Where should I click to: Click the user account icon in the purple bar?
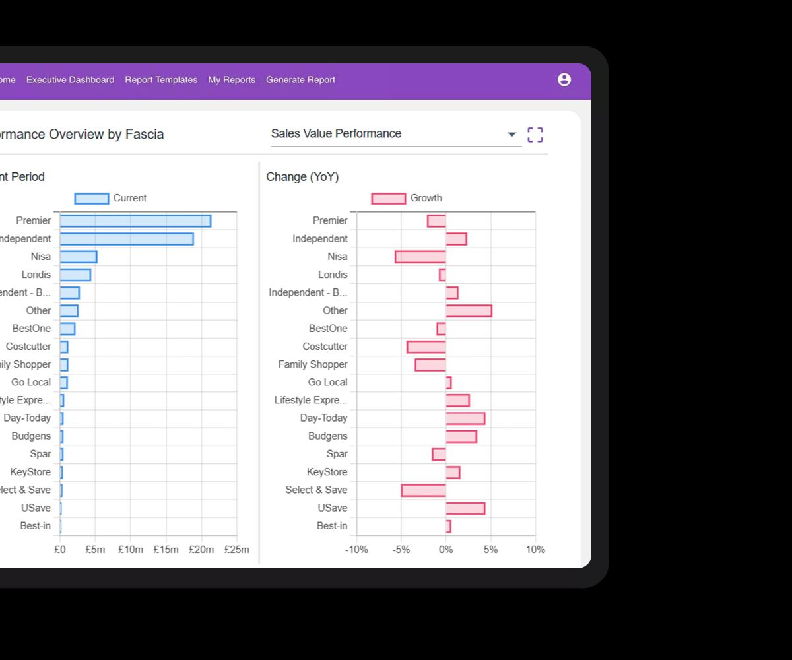pos(564,80)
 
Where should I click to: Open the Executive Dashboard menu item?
pos(70,80)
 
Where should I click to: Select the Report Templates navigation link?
pos(161,80)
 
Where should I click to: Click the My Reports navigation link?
pos(232,80)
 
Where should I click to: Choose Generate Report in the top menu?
pos(300,80)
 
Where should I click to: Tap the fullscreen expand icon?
pos(535,135)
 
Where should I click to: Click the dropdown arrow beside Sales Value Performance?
pos(511,135)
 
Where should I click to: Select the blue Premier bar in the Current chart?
pos(135,221)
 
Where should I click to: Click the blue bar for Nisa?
pos(79,257)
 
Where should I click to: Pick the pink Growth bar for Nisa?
pos(420,257)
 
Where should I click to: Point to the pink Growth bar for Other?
pos(469,311)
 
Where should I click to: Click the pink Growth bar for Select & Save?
pos(424,490)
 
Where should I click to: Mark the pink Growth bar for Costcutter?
pos(426,346)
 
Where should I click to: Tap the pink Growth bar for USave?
pos(465,508)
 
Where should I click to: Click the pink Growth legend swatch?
pos(389,199)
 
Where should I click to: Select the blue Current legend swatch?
pos(92,199)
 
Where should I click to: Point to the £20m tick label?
pos(201,550)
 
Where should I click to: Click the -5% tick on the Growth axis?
pos(401,550)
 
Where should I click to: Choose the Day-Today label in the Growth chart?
pos(323,418)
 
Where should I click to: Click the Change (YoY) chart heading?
pos(302,177)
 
